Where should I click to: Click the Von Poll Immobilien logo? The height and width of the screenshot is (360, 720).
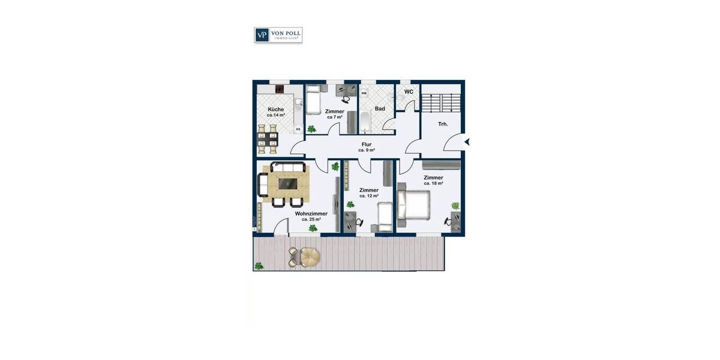point(278,35)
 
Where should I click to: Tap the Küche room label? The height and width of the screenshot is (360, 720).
point(276,109)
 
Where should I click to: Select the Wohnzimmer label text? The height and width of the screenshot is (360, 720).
point(311,214)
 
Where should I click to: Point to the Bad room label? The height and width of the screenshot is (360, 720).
point(380,109)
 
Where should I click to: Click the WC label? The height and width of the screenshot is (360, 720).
point(409,92)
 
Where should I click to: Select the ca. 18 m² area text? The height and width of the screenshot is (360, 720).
point(433,184)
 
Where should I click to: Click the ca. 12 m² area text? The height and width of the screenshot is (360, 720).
point(369,196)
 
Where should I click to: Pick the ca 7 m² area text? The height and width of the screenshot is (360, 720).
point(334,117)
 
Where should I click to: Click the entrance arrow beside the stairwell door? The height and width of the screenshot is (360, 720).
point(467,142)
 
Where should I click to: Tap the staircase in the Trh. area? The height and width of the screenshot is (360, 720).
point(441,102)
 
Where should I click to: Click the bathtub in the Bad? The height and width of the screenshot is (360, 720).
point(365,120)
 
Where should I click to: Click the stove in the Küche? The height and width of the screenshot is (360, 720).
point(279,90)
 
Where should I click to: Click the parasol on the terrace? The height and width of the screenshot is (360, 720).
point(310,257)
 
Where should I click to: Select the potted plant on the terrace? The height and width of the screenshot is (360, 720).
point(259,265)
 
